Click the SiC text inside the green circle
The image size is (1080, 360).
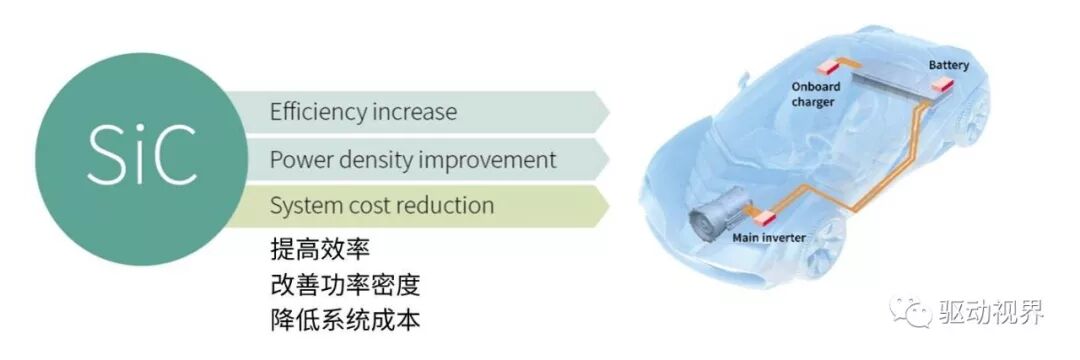tap(140, 157)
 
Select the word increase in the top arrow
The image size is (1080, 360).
tap(414, 112)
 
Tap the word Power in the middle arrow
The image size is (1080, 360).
tap(299, 159)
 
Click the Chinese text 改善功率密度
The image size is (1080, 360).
tap(344, 285)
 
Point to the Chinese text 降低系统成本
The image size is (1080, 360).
tap(344, 321)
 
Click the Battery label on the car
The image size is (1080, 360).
tap(949, 65)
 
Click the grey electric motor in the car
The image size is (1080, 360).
tap(718, 211)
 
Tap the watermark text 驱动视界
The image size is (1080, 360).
tap(990, 312)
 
